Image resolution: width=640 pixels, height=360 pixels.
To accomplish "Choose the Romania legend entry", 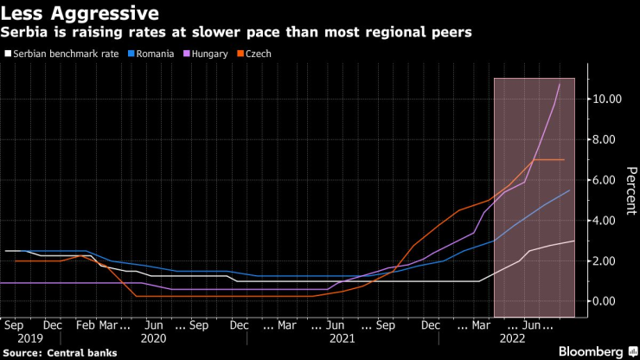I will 153,54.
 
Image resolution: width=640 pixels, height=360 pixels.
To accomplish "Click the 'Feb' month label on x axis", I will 85,325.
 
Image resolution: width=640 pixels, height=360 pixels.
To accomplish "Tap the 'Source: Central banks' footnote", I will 60,353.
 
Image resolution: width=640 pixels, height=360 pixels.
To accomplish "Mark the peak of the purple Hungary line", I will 560,84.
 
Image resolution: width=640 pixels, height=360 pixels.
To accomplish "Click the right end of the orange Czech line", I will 564,160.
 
